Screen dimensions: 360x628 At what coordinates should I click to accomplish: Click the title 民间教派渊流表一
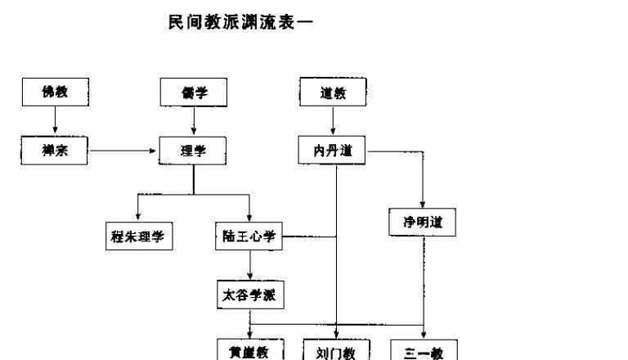click(x=240, y=23)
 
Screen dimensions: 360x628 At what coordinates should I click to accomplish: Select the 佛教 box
click(x=55, y=93)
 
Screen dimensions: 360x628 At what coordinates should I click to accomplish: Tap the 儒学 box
click(x=193, y=93)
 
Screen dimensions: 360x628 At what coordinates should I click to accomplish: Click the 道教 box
click(x=332, y=93)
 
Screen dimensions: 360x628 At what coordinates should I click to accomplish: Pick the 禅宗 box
click(x=55, y=151)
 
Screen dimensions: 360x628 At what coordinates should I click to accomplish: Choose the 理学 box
click(x=193, y=151)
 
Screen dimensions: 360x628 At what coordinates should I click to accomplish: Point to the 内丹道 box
click(x=332, y=151)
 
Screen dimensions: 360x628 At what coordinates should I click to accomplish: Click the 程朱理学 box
click(x=138, y=237)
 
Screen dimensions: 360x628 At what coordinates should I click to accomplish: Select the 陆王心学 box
click(x=249, y=237)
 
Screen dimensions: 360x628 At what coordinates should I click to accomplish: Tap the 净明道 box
click(x=423, y=223)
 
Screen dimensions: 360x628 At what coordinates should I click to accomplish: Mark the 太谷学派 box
click(x=249, y=295)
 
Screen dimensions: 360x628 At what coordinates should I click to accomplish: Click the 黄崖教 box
click(x=249, y=352)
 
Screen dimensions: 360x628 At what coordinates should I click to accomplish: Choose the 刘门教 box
click(x=336, y=352)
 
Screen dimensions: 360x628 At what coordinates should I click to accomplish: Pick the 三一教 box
click(x=423, y=352)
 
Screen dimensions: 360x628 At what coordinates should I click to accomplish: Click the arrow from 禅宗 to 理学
click(x=123, y=151)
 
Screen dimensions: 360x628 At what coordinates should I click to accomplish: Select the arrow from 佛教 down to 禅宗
click(x=55, y=122)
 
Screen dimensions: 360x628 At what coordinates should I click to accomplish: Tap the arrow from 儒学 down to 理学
click(x=193, y=122)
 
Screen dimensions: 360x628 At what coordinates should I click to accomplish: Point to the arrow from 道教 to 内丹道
click(x=332, y=122)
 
